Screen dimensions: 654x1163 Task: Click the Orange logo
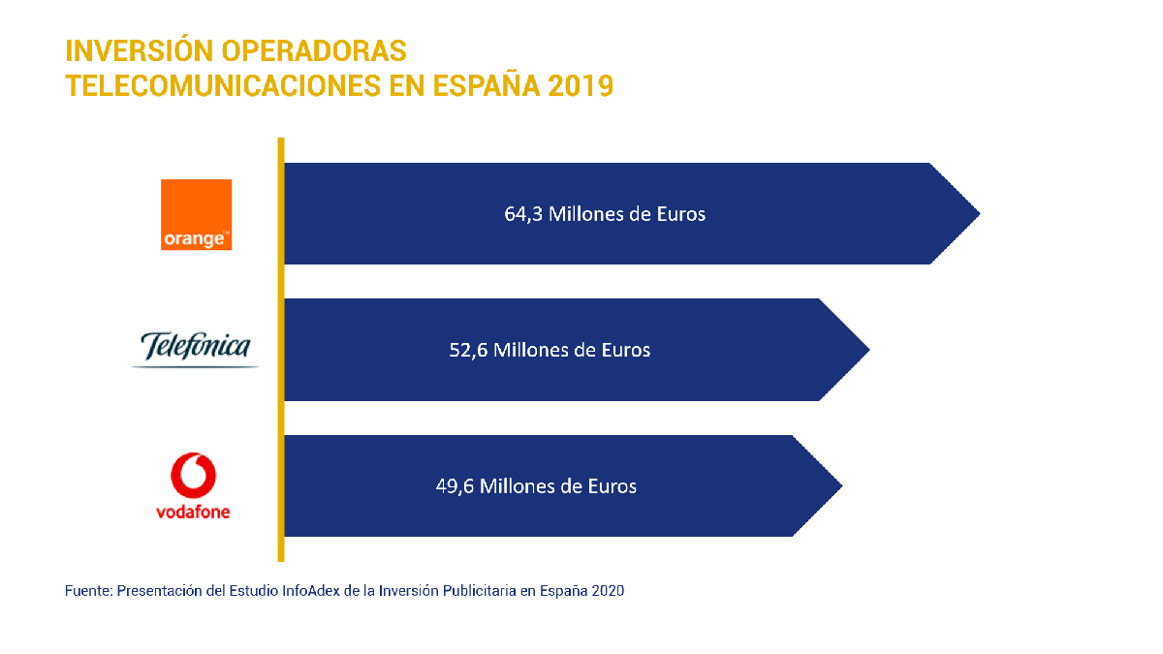click(x=196, y=214)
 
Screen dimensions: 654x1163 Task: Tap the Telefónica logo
click(x=196, y=349)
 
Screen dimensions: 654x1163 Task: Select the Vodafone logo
click(x=193, y=485)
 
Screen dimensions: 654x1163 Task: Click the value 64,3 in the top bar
click(x=523, y=214)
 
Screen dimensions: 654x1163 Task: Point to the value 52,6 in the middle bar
click(x=468, y=350)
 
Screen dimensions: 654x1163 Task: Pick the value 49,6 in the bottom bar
click(x=455, y=486)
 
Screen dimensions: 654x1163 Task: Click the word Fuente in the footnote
click(x=87, y=590)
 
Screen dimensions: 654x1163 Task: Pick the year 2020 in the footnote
click(x=608, y=590)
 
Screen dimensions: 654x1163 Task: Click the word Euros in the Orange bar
click(x=679, y=214)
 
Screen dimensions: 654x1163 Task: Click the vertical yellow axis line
click(x=281, y=349)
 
